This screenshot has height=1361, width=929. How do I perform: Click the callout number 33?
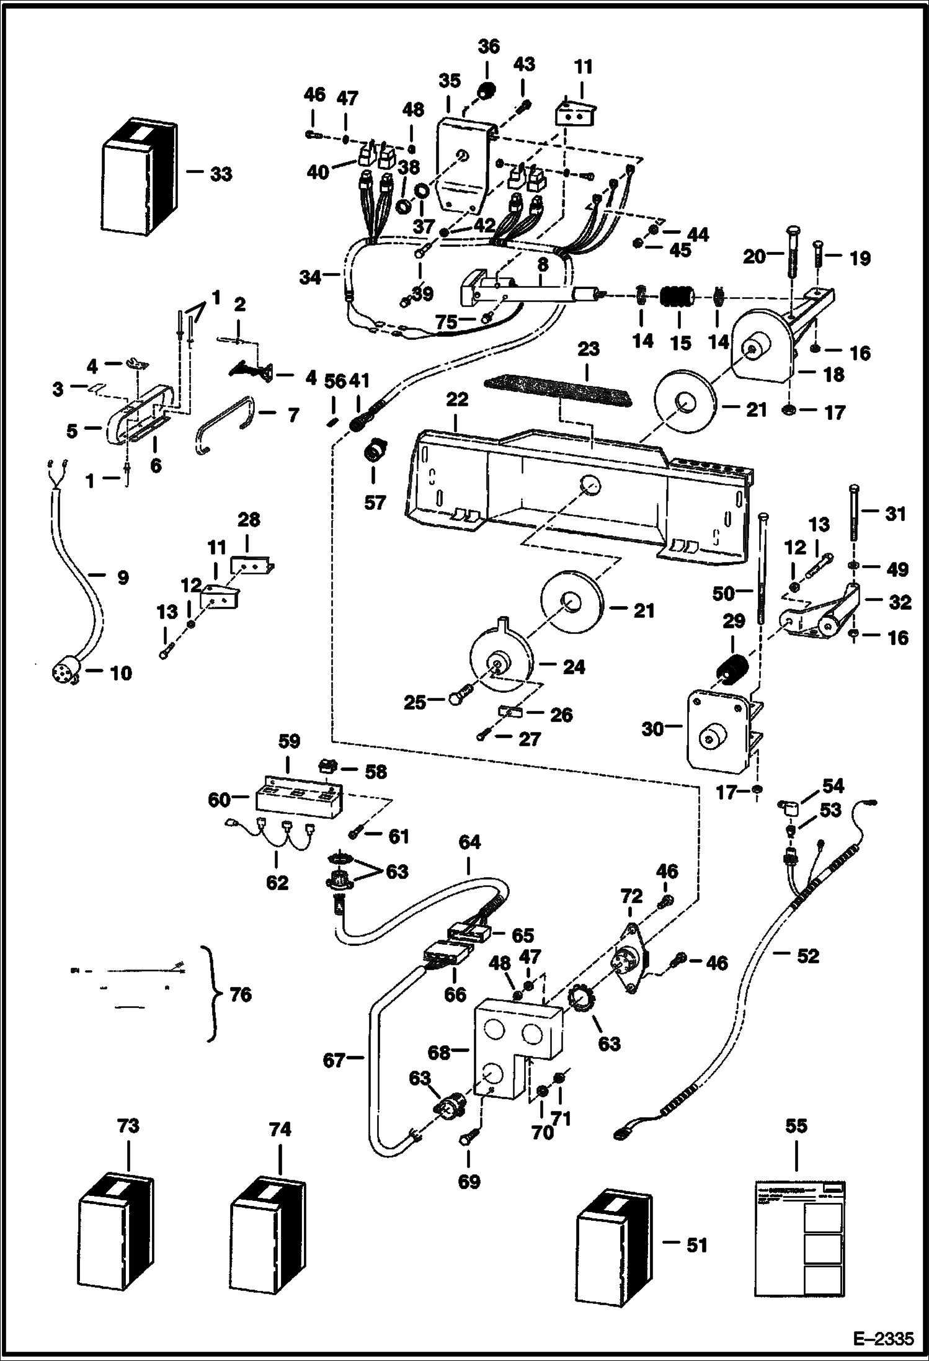221,174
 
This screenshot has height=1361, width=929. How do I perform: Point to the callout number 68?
439,1052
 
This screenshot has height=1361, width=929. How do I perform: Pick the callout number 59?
289,742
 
